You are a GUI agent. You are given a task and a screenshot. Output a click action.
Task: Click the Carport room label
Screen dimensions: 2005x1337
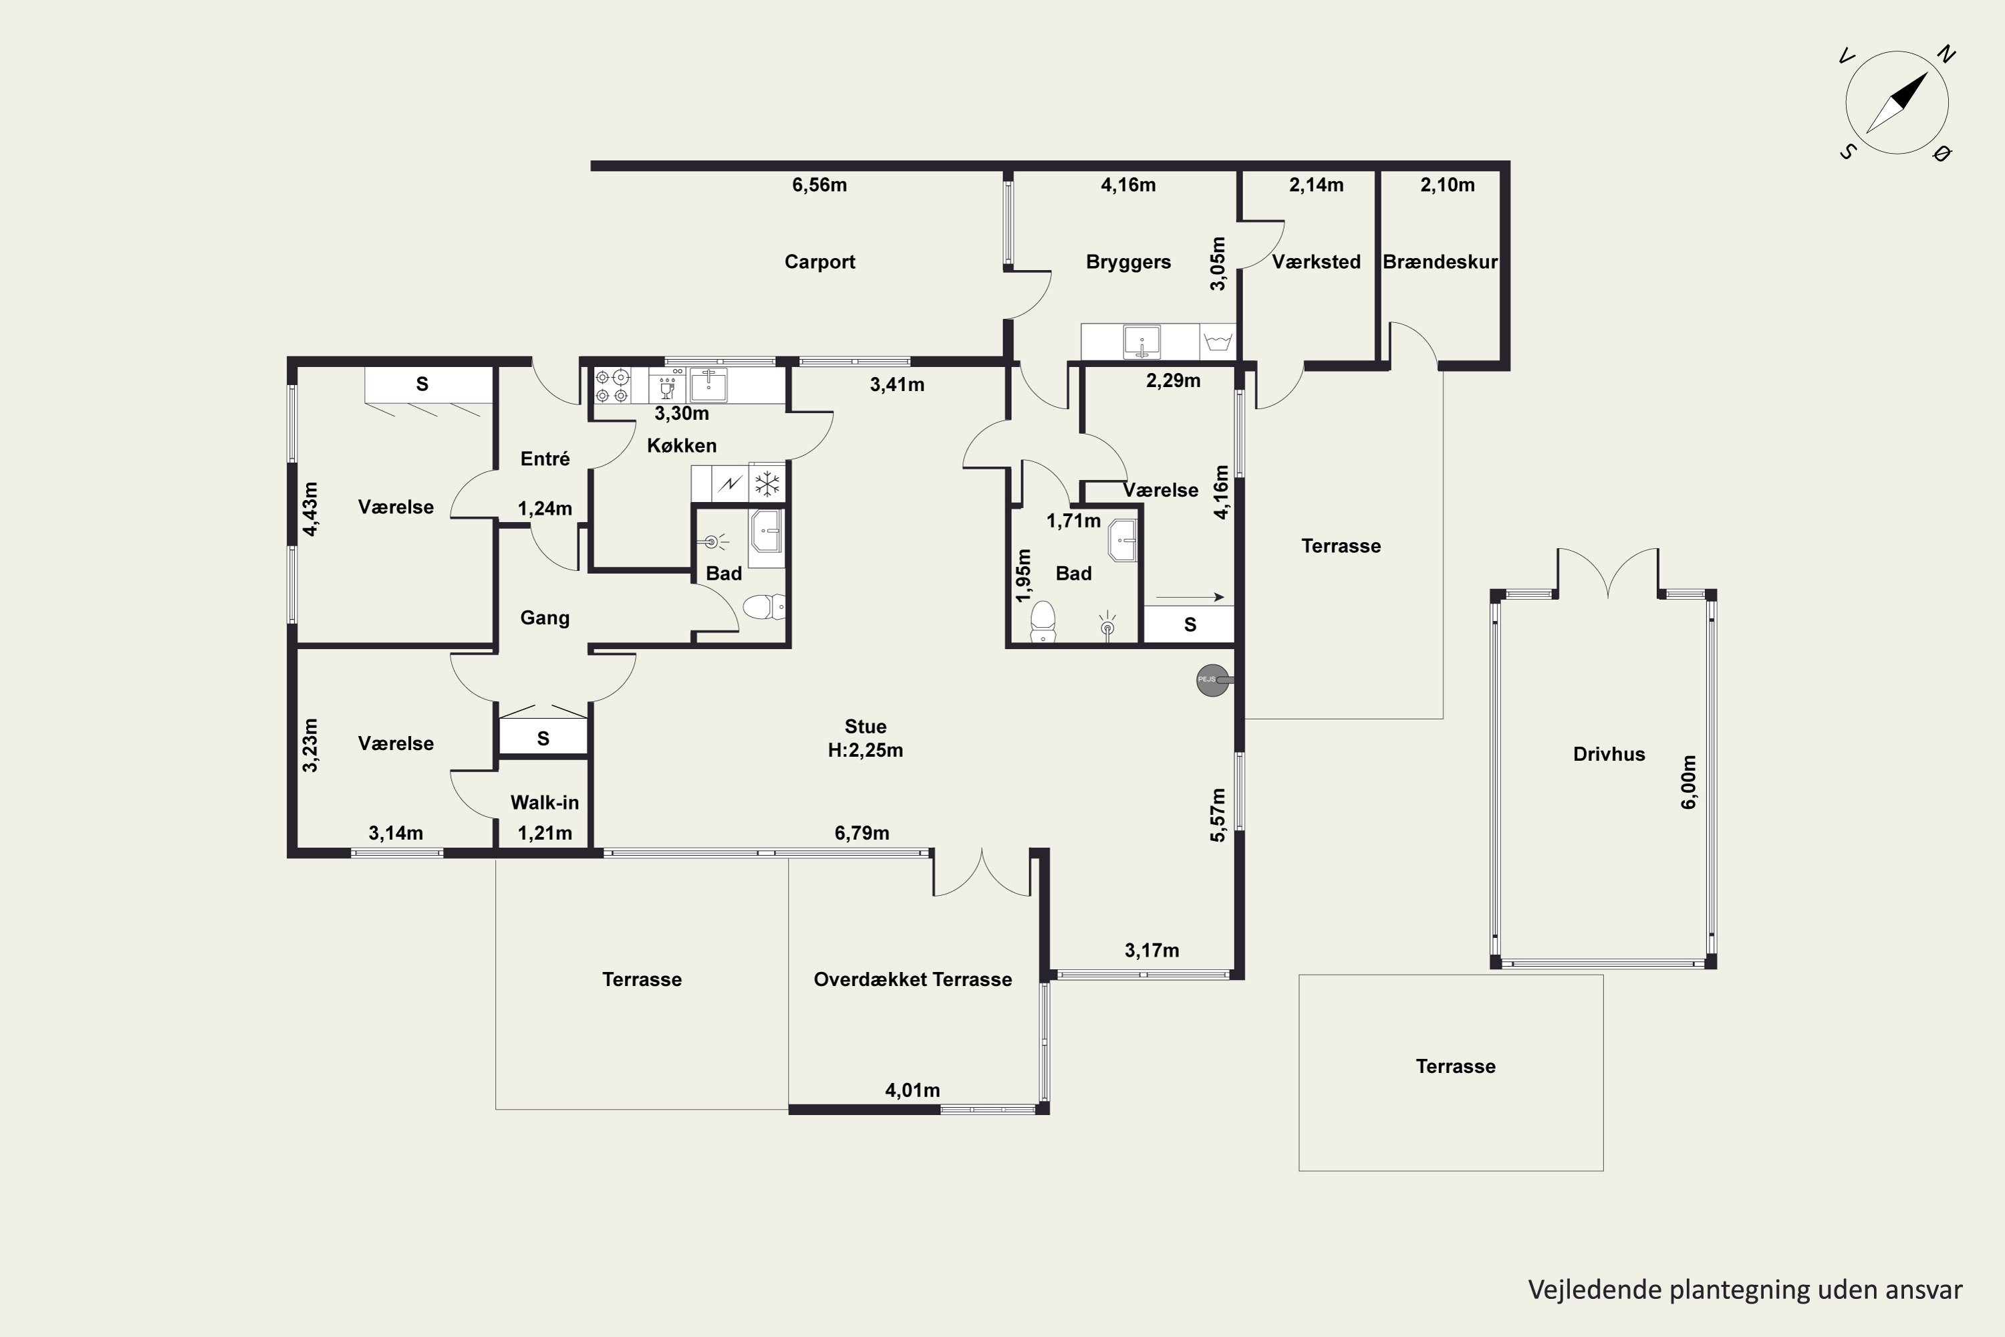(819, 262)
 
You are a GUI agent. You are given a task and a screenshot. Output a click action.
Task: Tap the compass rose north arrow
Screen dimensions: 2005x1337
(1897, 103)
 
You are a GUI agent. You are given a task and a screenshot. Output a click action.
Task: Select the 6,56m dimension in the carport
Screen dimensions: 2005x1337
(819, 185)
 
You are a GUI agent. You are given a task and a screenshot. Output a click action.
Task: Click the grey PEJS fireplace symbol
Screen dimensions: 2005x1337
(1213, 680)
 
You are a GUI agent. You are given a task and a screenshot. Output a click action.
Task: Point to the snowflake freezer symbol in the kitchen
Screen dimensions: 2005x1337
(767, 484)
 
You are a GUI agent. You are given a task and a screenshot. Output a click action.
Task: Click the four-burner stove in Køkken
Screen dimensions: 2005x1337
(612, 386)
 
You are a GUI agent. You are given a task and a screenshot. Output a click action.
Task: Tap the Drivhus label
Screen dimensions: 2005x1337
(1609, 754)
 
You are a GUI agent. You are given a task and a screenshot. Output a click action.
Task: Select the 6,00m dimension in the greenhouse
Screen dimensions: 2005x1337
(1689, 782)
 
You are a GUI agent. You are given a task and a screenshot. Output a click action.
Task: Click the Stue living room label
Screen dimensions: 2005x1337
(865, 727)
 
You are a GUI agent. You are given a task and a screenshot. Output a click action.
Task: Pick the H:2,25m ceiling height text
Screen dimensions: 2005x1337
(865, 750)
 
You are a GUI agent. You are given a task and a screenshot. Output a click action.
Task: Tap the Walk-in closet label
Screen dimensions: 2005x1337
(545, 802)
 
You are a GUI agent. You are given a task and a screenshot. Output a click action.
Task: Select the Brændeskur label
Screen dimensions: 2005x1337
(1440, 262)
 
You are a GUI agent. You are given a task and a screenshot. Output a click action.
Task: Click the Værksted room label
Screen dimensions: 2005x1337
(1316, 262)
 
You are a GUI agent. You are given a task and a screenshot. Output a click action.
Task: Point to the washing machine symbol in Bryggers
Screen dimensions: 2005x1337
(1217, 342)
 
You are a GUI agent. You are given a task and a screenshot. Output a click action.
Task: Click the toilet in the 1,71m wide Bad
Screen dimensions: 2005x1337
(1043, 621)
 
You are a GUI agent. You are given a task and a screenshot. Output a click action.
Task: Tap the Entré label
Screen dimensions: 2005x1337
(545, 459)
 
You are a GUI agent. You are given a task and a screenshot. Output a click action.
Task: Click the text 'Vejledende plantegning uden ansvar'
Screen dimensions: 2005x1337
(1745, 1290)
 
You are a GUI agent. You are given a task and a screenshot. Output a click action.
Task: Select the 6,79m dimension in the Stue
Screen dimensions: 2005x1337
(862, 833)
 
